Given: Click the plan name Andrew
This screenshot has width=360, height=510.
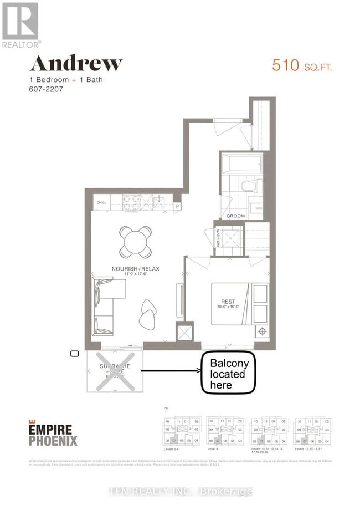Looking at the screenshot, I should (x=75, y=63).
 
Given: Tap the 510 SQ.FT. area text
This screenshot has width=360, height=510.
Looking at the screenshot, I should (x=302, y=65).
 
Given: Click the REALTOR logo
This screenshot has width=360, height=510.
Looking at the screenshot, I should (x=20, y=25).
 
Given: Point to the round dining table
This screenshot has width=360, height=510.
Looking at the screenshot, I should (x=136, y=242).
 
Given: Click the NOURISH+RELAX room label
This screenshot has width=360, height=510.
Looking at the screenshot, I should (x=136, y=269).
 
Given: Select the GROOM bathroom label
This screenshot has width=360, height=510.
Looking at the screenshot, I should (x=235, y=215).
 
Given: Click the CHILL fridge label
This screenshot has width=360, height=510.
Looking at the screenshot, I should (x=101, y=203).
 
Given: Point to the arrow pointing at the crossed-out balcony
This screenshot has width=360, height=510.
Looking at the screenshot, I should (x=169, y=370).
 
